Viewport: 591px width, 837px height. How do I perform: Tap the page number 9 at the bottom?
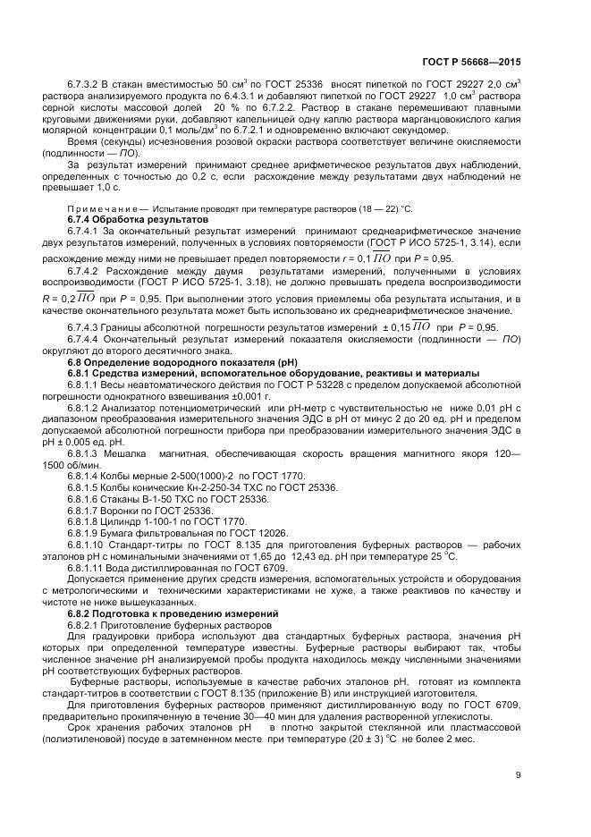518,774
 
